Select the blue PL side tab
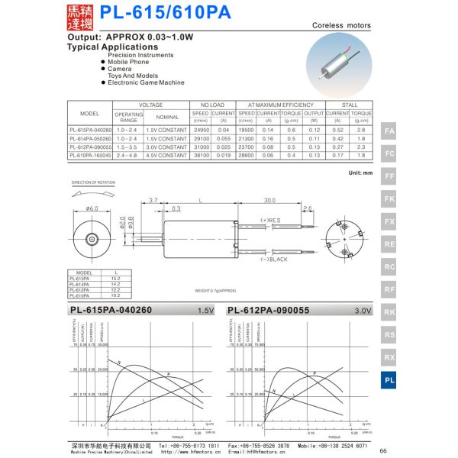(x=389, y=379)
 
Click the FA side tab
(x=389, y=131)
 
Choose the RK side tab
(x=389, y=312)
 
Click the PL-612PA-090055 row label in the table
(x=90, y=147)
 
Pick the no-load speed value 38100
(x=201, y=155)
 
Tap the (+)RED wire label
(x=270, y=221)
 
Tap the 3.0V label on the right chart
(x=363, y=311)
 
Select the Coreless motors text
(x=342, y=25)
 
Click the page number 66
(x=383, y=450)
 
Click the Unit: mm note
(x=360, y=173)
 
